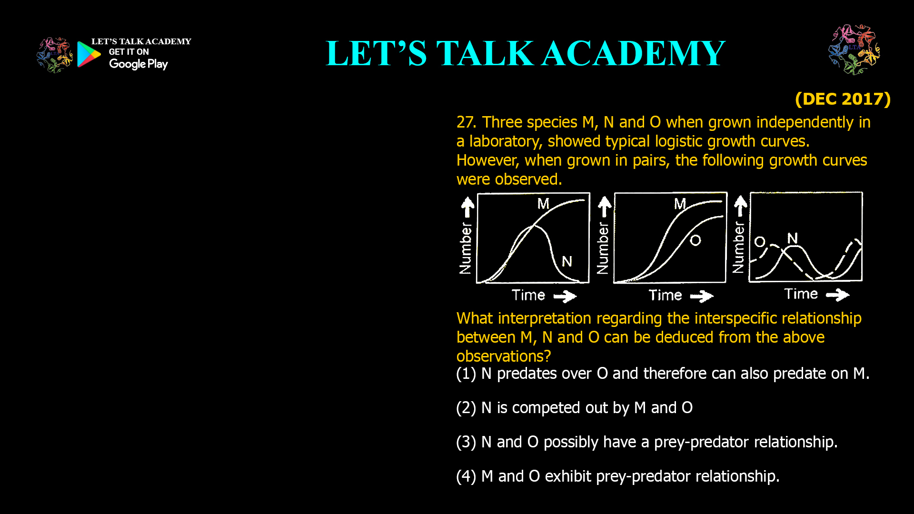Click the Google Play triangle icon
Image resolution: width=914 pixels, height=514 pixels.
tap(89, 54)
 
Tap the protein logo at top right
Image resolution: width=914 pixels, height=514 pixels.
tap(854, 50)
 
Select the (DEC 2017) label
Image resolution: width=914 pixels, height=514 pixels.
tap(843, 99)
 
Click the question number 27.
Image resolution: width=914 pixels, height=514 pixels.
tap(466, 122)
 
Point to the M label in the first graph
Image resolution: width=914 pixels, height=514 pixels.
tap(543, 204)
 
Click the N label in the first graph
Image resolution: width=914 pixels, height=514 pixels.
tap(566, 261)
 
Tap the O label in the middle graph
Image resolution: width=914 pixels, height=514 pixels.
tap(695, 240)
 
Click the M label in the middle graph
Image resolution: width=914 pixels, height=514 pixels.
tap(680, 204)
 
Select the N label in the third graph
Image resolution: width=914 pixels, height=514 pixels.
tap(792, 238)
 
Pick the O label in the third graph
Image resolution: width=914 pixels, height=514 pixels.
tap(760, 242)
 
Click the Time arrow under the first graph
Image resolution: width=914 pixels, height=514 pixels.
tap(565, 297)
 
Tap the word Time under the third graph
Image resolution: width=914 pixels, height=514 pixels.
tap(801, 294)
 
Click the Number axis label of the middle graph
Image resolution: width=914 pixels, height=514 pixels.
tap(603, 248)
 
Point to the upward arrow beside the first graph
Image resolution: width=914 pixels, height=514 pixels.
tap(467, 207)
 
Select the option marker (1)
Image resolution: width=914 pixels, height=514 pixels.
tap(466, 374)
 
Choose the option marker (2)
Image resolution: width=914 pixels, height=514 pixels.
tap(466, 408)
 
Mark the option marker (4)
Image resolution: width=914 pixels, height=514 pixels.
tap(466, 477)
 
